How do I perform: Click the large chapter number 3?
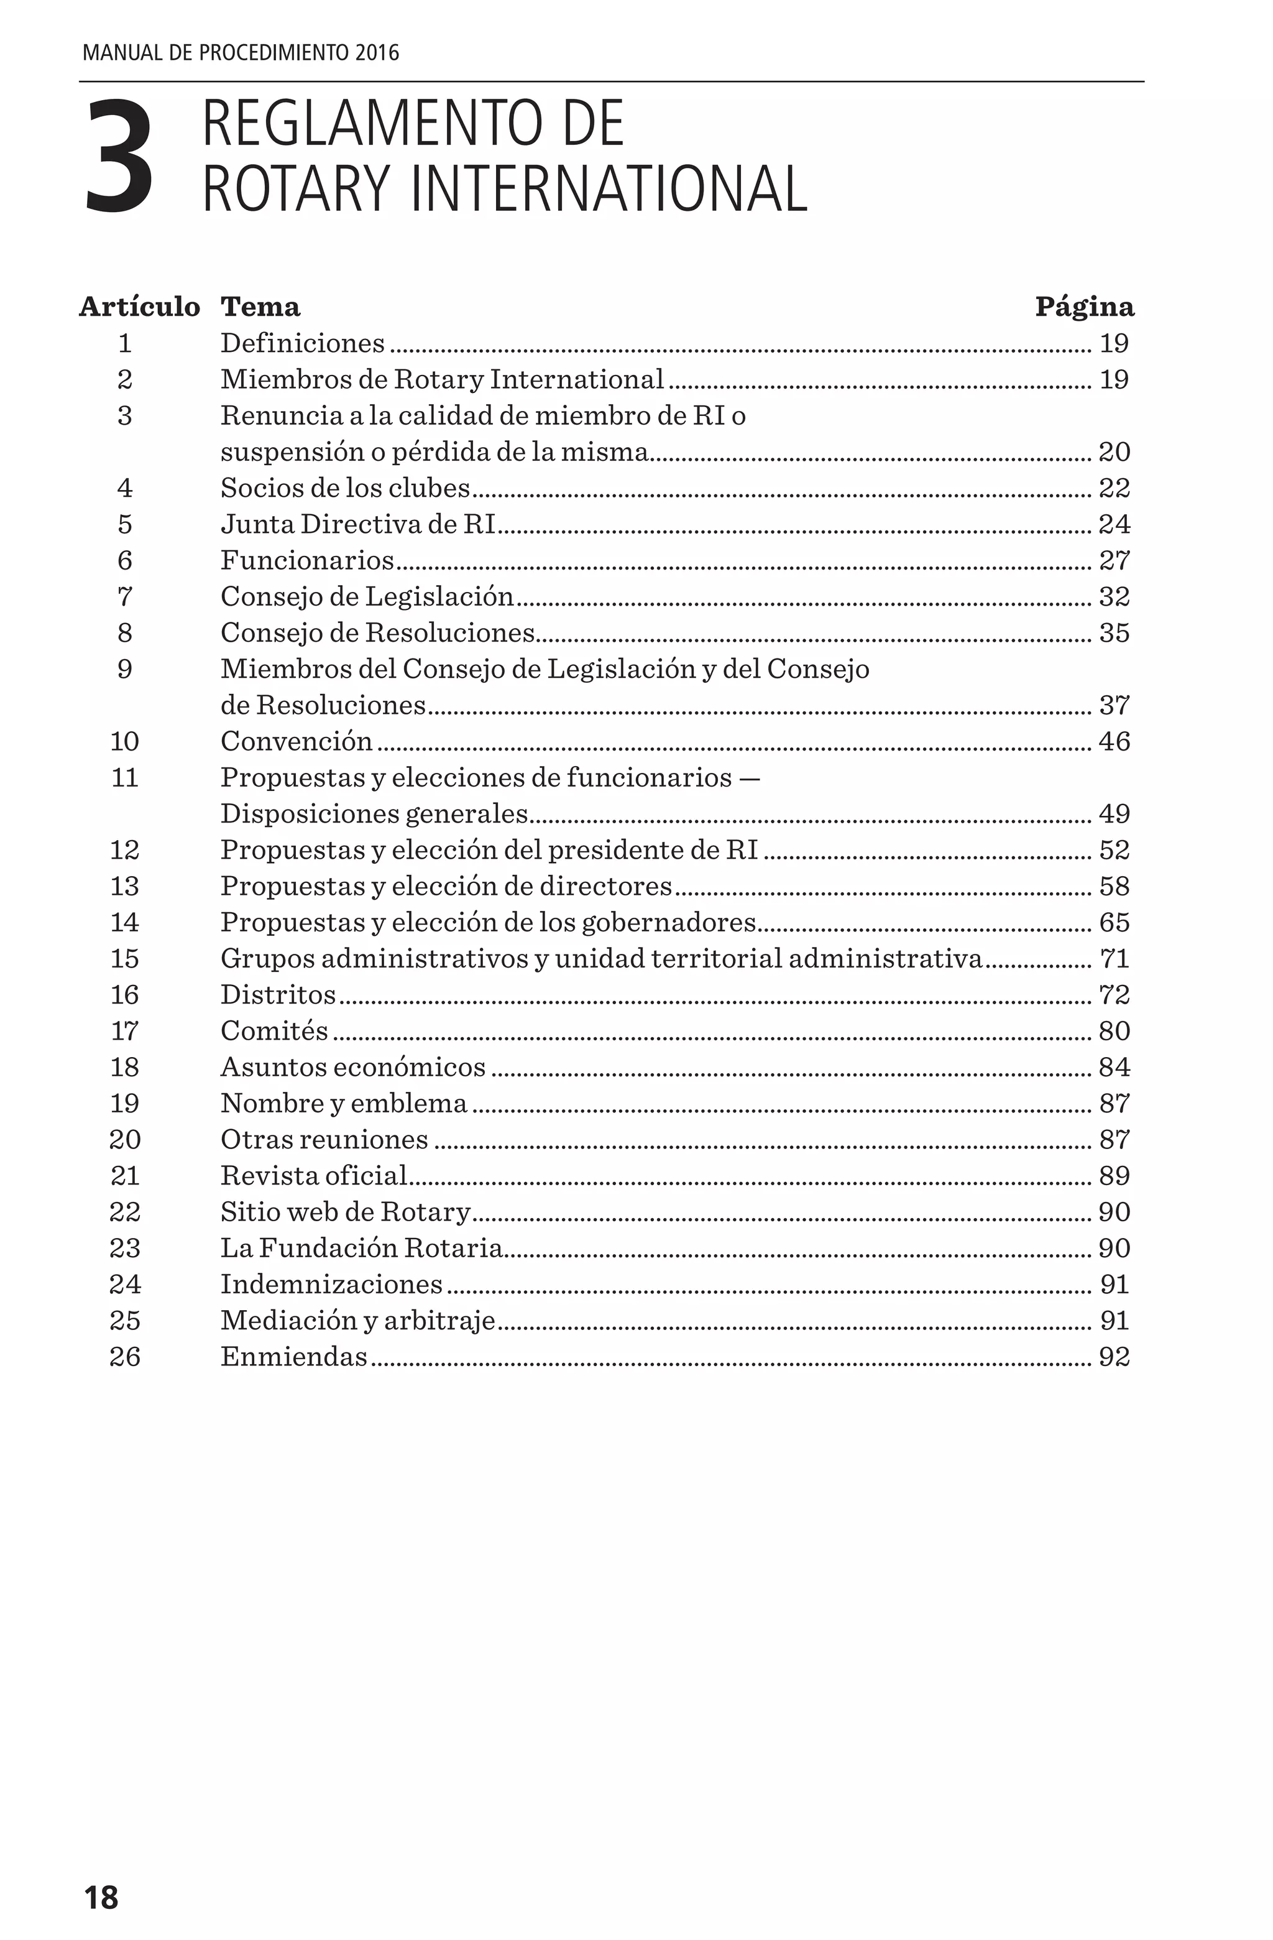[x=119, y=157]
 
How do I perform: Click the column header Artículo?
[x=139, y=307]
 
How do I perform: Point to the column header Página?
[x=1084, y=307]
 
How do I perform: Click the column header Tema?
[x=260, y=307]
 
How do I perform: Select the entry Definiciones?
[x=302, y=343]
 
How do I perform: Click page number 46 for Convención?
[x=1114, y=742]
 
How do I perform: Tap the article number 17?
[x=125, y=1031]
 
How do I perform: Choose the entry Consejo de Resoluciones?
[x=377, y=632]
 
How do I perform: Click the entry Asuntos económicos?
[x=353, y=1067]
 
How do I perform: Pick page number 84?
[x=1114, y=1067]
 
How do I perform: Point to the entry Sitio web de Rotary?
[x=346, y=1212]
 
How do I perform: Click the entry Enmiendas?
[x=294, y=1357]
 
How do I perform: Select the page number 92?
[x=1114, y=1357]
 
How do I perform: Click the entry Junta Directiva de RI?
[x=358, y=524]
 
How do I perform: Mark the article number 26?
[x=125, y=1357]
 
